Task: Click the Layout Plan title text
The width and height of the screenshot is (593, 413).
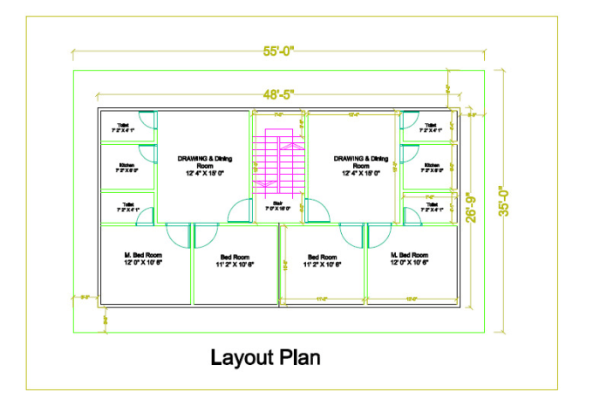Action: (x=265, y=357)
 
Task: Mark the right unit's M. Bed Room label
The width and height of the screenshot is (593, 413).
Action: (x=410, y=258)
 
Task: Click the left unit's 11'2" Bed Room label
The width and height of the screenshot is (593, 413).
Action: (x=235, y=260)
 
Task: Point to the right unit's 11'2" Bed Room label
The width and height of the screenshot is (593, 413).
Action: (x=323, y=260)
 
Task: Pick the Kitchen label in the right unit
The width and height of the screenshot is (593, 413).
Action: (x=432, y=168)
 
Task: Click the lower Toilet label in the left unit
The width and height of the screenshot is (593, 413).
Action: (x=126, y=208)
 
